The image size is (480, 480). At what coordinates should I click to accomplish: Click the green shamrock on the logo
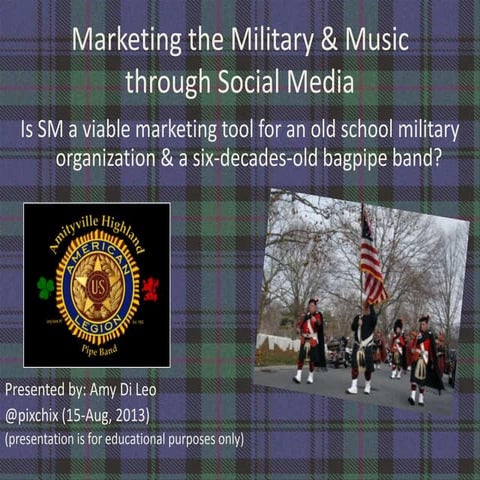click(46, 287)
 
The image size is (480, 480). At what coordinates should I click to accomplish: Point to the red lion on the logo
click(150, 288)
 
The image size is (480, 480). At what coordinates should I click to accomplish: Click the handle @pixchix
click(36, 412)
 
